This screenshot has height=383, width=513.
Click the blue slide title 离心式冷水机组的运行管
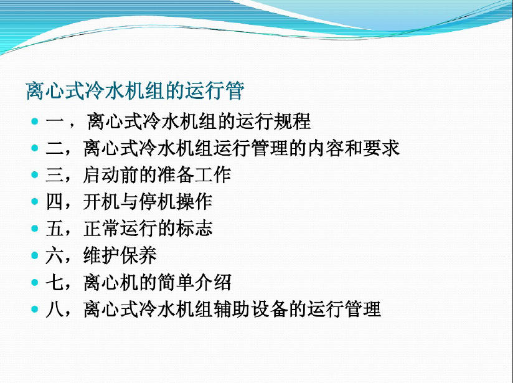click(135, 91)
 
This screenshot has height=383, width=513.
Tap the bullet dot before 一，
click(35, 121)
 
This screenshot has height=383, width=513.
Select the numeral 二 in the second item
click(54, 148)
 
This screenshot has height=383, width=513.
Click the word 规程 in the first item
click(292, 121)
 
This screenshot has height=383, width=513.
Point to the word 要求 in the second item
click(381, 148)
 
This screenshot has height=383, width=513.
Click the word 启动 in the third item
click(101, 175)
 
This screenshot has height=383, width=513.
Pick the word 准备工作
click(194, 175)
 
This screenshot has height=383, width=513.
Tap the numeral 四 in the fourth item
click(54, 202)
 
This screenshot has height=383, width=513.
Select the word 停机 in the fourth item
click(157, 202)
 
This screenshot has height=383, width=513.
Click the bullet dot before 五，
click(35, 228)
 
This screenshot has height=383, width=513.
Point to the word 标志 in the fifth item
click(194, 229)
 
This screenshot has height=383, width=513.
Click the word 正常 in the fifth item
click(101, 229)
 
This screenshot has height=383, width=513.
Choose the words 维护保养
click(120, 255)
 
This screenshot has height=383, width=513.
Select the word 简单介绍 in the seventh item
click(194, 282)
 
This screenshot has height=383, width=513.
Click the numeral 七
click(54, 283)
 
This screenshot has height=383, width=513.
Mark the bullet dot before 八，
click(35, 309)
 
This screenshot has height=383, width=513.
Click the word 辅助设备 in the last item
click(250, 309)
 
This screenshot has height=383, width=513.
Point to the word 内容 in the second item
click(325, 148)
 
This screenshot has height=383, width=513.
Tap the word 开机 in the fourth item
click(101, 202)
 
